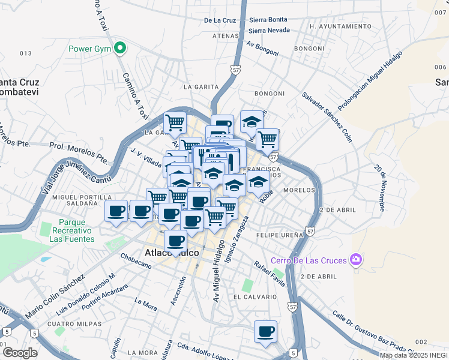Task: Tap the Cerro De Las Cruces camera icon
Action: click(x=357, y=260)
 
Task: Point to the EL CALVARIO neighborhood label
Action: click(x=255, y=297)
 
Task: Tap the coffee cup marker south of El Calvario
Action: click(x=265, y=332)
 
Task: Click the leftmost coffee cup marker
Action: click(x=116, y=211)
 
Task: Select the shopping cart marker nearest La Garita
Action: click(x=175, y=122)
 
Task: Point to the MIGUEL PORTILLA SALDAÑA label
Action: click(x=74, y=200)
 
